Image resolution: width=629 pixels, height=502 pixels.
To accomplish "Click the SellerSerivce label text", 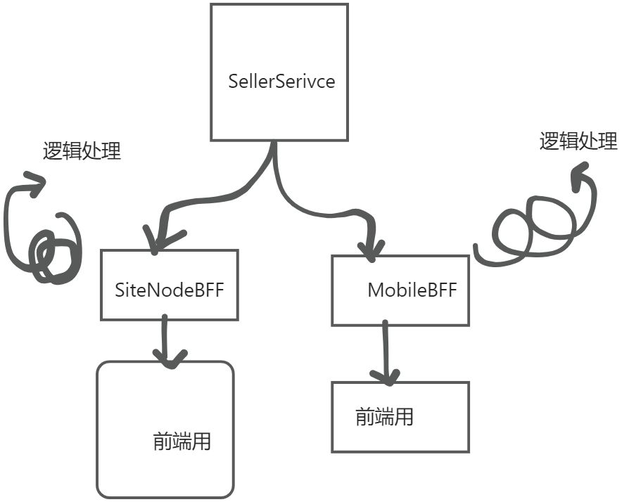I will (281, 81).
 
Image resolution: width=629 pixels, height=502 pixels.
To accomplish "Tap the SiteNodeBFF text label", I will (169, 290).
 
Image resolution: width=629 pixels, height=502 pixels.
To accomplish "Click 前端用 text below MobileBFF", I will (384, 417).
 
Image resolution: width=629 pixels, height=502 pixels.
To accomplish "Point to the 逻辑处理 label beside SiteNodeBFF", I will (82, 150).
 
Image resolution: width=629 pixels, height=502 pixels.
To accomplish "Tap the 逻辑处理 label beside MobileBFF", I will (578, 141).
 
